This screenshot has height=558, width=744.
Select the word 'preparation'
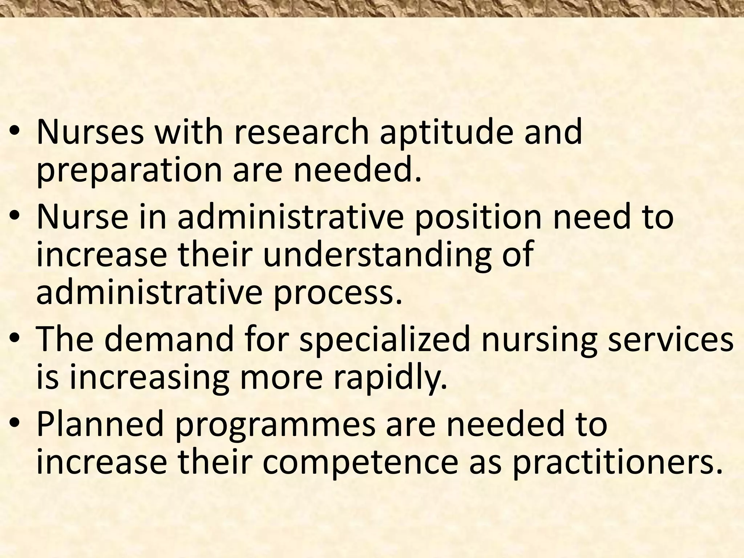129,171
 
